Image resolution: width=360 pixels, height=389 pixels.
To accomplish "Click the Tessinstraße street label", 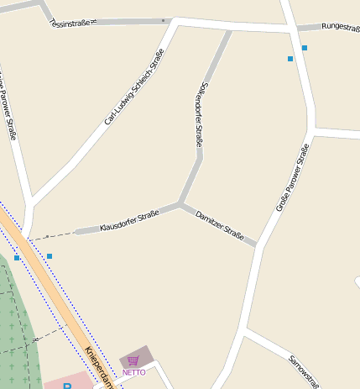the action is pyautogui.click(x=70, y=24).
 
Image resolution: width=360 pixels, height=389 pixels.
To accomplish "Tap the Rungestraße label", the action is pyautogui.click(x=340, y=27).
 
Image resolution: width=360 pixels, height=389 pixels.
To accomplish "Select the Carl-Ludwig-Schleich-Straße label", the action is pyautogui.click(x=134, y=87).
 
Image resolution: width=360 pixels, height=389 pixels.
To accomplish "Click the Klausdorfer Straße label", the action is pyautogui.click(x=129, y=222).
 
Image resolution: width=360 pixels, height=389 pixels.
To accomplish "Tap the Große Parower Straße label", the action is pyautogui.click(x=293, y=177).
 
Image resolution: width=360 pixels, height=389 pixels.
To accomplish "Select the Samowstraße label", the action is pyautogui.click(x=304, y=371).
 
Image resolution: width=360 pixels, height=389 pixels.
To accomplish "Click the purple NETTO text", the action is pyautogui.click(x=134, y=372).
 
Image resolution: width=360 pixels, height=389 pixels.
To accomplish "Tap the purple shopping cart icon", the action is pyautogui.click(x=133, y=360).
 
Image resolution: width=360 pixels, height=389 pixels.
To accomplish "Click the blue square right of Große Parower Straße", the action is pyautogui.click(x=305, y=48).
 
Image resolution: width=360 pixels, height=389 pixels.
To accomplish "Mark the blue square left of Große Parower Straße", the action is pyautogui.click(x=290, y=59).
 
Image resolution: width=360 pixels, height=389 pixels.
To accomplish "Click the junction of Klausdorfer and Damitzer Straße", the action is pyautogui.click(x=180, y=203).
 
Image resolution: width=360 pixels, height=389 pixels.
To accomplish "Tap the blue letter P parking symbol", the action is pyautogui.click(x=68, y=386).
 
